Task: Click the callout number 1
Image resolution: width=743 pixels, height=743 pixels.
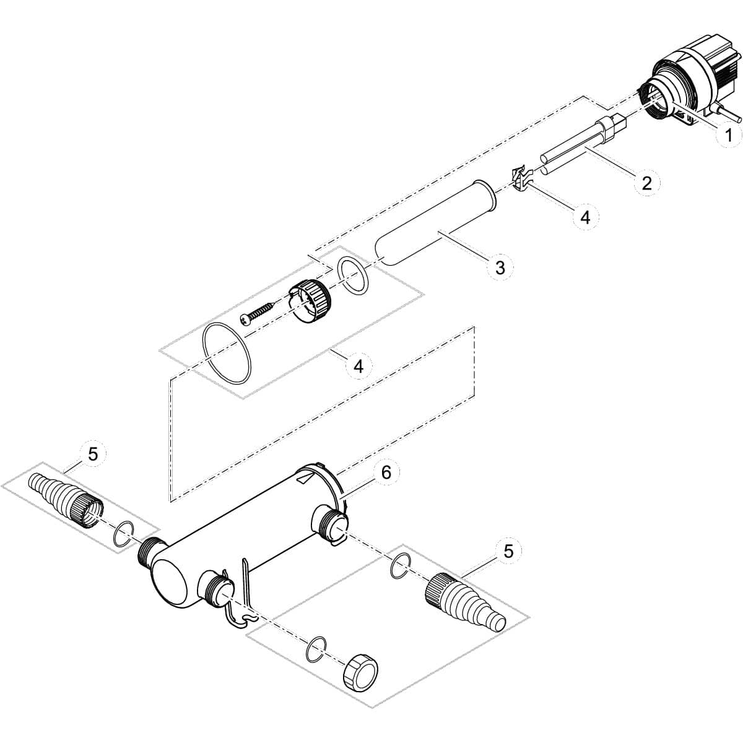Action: click(x=728, y=136)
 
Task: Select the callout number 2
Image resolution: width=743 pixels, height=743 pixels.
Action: click(x=646, y=183)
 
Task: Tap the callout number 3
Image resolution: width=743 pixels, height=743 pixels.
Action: click(x=500, y=267)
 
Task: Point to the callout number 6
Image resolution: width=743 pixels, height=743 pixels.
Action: click(x=386, y=472)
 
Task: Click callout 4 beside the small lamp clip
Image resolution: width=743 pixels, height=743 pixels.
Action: click(x=585, y=218)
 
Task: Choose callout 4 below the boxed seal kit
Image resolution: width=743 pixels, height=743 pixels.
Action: click(x=358, y=367)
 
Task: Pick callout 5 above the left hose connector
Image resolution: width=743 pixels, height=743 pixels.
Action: click(x=93, y=454)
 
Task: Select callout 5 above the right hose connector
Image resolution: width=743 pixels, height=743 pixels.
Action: click(x=508, y=551)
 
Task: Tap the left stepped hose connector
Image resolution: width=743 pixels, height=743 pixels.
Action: click(x=66, y=495)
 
